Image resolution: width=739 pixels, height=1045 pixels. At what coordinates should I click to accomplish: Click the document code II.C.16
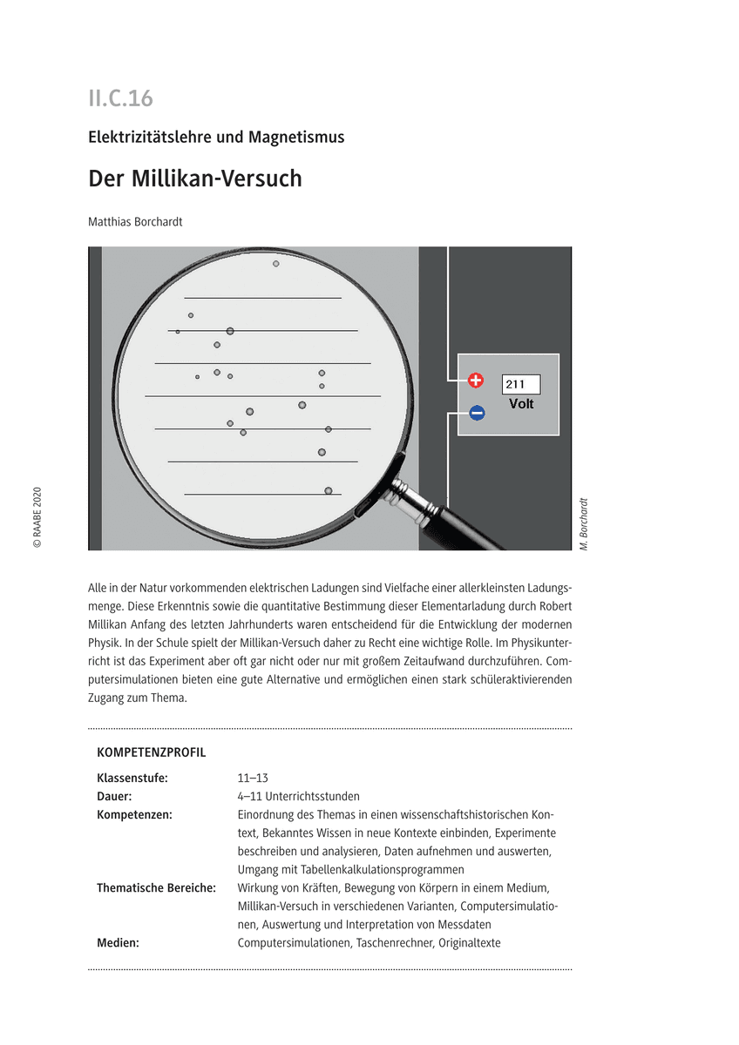pyautogui.click(x=120, y=98)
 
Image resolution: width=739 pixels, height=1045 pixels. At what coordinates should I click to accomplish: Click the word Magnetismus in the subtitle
pyautogui.click(x=296, y=137)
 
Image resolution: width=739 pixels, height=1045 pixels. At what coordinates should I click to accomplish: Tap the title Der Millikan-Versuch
pyautogui.click(x=195, y=179)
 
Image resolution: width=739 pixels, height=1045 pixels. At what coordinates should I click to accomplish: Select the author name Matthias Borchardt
pyautogui.click(x=135, y=221)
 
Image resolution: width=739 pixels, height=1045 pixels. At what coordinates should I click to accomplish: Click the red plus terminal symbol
pyautogui.click(x=476, y=381)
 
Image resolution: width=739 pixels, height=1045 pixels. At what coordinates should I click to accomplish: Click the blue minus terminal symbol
pyautogui.click(x=477, y=414)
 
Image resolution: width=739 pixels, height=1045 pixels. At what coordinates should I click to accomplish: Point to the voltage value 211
pyautogui.click(x=515, y=384)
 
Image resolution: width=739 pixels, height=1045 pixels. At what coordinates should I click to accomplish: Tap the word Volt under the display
pyautogui.click(x=521, y=404)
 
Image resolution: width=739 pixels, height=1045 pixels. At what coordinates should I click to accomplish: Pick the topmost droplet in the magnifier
pyautogui.click(x=276, y=263)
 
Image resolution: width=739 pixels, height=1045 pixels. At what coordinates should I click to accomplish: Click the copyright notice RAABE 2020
pyautogui.click(x=37, y=516)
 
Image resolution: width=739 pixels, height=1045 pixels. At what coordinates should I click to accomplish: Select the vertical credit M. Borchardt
pyautogui.click(x=583, y=522)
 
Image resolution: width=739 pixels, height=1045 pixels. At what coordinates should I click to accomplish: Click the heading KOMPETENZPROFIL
pyautogui.click(x=152, y=752)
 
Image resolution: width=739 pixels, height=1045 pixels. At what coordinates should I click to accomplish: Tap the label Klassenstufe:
pyautogui.click(x=132, y=778)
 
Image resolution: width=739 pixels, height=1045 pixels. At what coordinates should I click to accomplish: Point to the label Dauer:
pyautogui.click(x=114, y=796)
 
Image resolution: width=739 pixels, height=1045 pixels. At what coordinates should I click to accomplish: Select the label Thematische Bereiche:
pyautogui.click(x=156, y=887)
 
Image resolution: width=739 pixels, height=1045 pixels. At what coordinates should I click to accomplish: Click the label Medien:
pyautogui.click(x=118, y=942)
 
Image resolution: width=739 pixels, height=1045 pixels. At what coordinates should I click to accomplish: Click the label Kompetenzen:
pyautogui.click(x=134, y=814)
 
